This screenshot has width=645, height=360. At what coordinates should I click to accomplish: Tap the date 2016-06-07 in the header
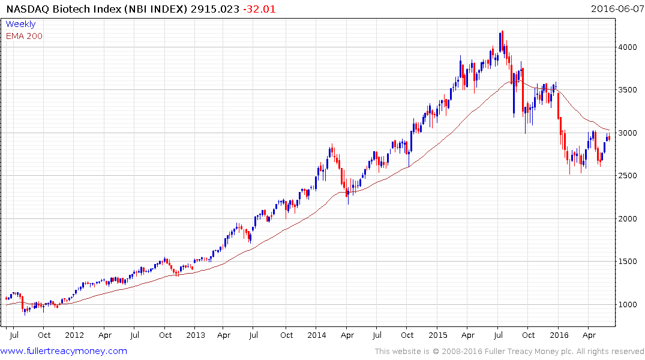[616, 8]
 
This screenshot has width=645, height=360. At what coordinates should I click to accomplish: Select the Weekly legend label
[20, 24]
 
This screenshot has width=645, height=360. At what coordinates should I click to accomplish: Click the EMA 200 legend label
[24, 36]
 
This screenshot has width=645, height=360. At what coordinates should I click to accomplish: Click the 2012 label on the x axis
[74, 335]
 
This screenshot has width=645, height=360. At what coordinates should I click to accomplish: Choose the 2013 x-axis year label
[196, 335]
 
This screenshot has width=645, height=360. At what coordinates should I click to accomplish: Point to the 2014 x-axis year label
[317, 335]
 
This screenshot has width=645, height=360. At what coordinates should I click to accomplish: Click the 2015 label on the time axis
[438, 335]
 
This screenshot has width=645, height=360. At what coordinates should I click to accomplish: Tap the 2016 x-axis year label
[559, 335]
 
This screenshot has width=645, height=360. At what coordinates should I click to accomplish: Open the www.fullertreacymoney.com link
[64, 351]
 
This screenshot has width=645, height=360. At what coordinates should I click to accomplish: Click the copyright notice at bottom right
[509, 351]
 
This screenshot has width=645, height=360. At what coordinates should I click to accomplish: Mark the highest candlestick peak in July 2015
[502, 31]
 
